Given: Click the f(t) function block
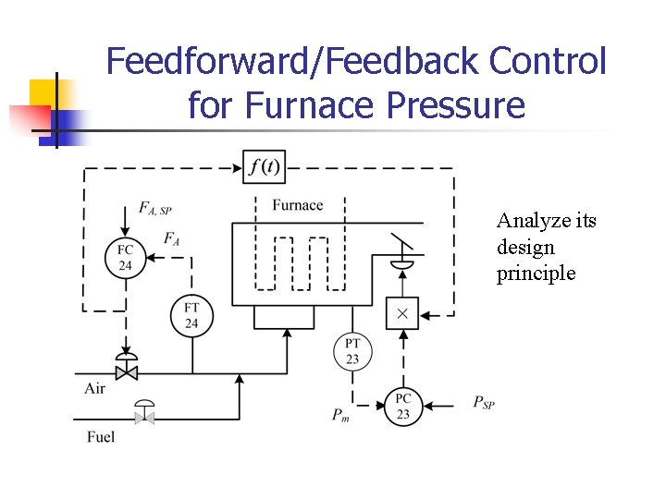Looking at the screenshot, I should pyautogui.click(x=265, y=167).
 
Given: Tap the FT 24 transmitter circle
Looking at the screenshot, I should pyautogui.click(x=191, y=315).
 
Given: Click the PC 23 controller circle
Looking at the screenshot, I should pyautogui.click(x=403, y=407).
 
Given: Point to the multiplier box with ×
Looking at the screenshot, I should pyautogui.click(x=402, y=313).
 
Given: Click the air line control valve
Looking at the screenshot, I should pyautogui.click(x=125, y=368).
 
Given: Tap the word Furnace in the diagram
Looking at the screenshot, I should pyautogui.click(x=298, y=205).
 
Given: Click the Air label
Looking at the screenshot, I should pyautogui.click(x=95, y=388).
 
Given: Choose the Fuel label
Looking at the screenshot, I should pyautogui.click(x=100, y=436).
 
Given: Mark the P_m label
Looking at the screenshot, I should pyautogui.click(x=341, y=416).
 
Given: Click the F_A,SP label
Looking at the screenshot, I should pyautogui.click(x=154, y=210).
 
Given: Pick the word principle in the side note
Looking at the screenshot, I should pyautogui.click(x=536, y=274).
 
